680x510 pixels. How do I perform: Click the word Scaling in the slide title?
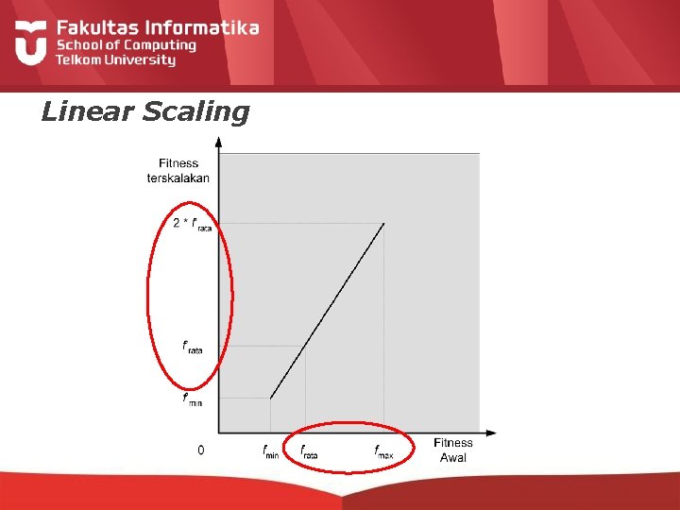click(195, 112)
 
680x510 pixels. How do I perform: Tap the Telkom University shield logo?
click(31, 42)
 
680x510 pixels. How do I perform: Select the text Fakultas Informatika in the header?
click(157, 27)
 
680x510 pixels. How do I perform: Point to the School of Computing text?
click(126, 44)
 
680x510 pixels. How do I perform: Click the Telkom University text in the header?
click(115, 60)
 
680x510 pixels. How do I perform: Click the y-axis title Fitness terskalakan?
click(178, 170)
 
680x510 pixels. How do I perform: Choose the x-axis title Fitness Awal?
click(452, 450)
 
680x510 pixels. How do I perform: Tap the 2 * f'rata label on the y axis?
click(192, 225)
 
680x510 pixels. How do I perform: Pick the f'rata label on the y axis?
click(193, 347)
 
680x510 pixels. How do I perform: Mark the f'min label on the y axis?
click(193, 399)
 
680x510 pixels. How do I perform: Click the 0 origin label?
click(200, 450)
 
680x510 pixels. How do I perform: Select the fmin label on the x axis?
click(271, 451)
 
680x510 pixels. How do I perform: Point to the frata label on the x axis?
click(308, 451)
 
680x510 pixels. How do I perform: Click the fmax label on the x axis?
click(383, 451)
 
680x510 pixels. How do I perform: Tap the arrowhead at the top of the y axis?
click(219, 143)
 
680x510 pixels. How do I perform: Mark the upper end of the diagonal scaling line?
click(383, 224)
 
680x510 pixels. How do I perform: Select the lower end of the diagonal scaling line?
click(271, 398)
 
